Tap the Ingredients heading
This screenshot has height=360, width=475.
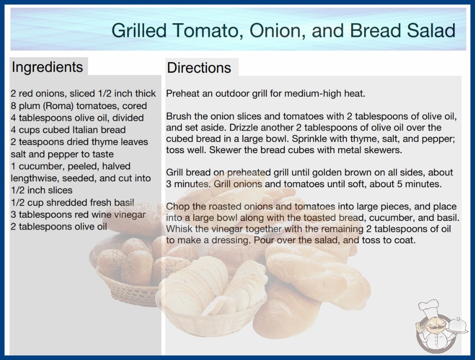[47, 67]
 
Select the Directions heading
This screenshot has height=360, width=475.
[199, 68]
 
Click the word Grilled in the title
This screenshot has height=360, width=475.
[139, 30]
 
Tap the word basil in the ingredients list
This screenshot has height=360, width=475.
[124, 202]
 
